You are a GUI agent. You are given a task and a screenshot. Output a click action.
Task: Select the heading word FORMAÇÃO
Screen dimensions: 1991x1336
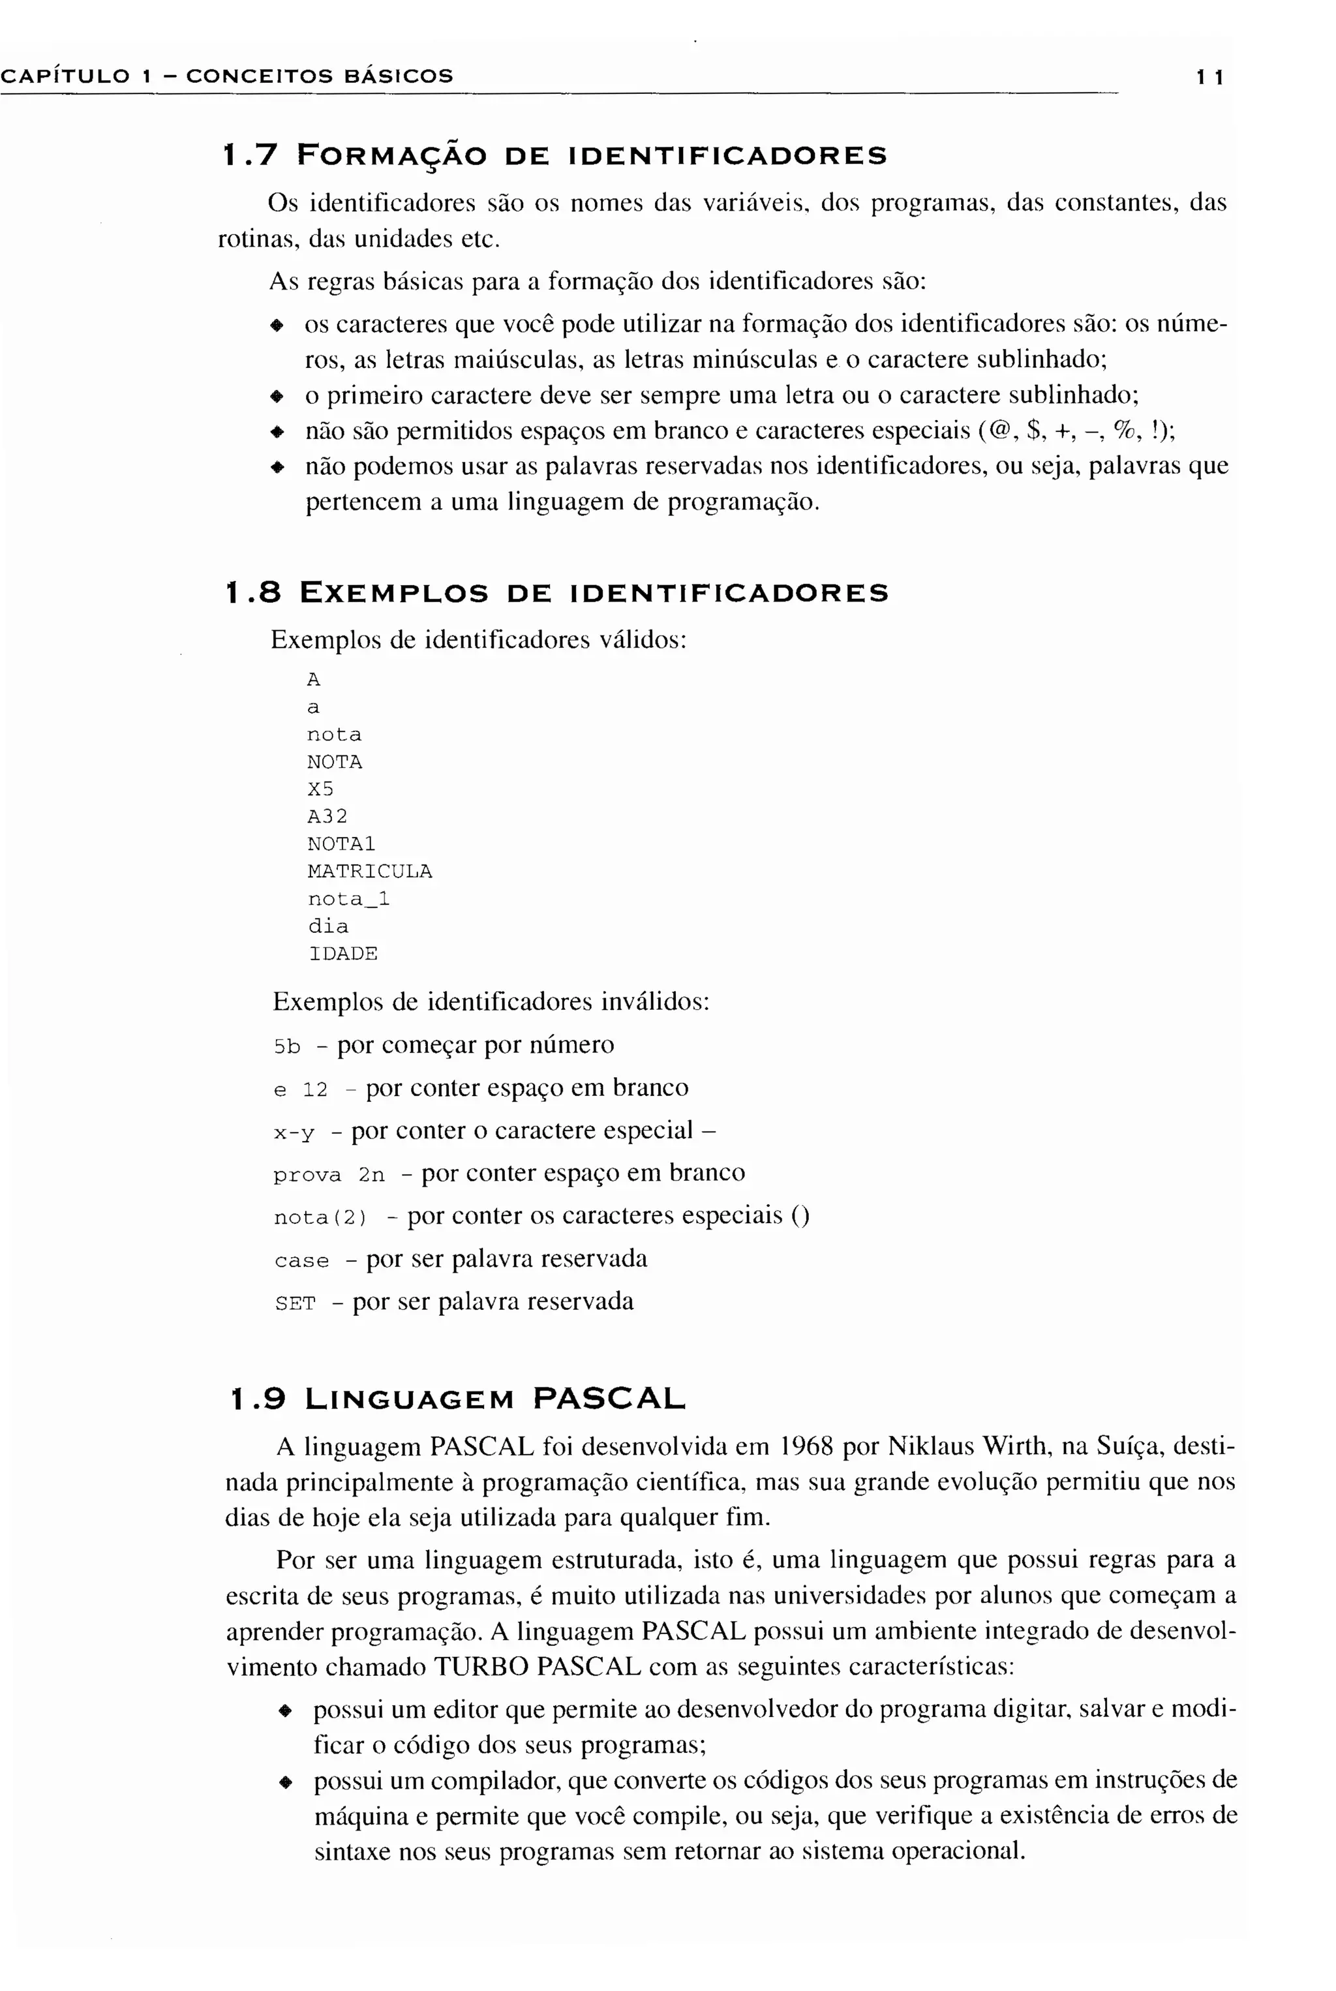pyautogui.click(x=392, y=157)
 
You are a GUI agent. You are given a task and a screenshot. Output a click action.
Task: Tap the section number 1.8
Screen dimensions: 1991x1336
pyautogui.click(x=253, y=593)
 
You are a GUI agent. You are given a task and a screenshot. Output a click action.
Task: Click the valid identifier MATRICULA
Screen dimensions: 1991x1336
pyautogui.click(x=370, y=872)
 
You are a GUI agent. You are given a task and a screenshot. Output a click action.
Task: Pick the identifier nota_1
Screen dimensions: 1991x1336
pyautogui.click(x=348, y=900)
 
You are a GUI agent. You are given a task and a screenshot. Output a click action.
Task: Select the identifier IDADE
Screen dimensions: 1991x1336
pyautogui.click(x=342, y=954)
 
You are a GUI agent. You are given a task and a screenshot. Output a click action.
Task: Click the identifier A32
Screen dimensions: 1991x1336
pyautogui.click(x=327, y=817)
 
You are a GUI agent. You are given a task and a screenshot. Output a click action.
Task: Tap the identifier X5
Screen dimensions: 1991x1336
pyautogui.click(x=320, y=790)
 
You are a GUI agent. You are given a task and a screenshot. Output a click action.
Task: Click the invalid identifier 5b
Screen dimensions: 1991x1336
pyautogui.click(x=287, y=1047)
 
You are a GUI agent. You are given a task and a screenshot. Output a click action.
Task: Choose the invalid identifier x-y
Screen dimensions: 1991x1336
pyautogui.click(x=294, y=1133)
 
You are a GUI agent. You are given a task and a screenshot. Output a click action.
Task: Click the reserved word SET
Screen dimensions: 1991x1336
pyautogui.click(x=295, y=1304)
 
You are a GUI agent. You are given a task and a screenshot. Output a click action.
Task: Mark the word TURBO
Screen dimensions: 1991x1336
pyautogui.click(x=481, y=1667)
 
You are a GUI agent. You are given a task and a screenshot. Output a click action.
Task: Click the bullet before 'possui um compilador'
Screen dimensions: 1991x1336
pyautogui.click(x=287, y=1782)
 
